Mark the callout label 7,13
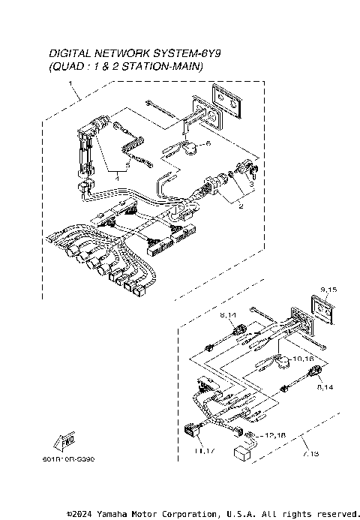[309, 453]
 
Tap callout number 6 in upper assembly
[208, 143]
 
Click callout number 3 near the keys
[252, 183]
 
